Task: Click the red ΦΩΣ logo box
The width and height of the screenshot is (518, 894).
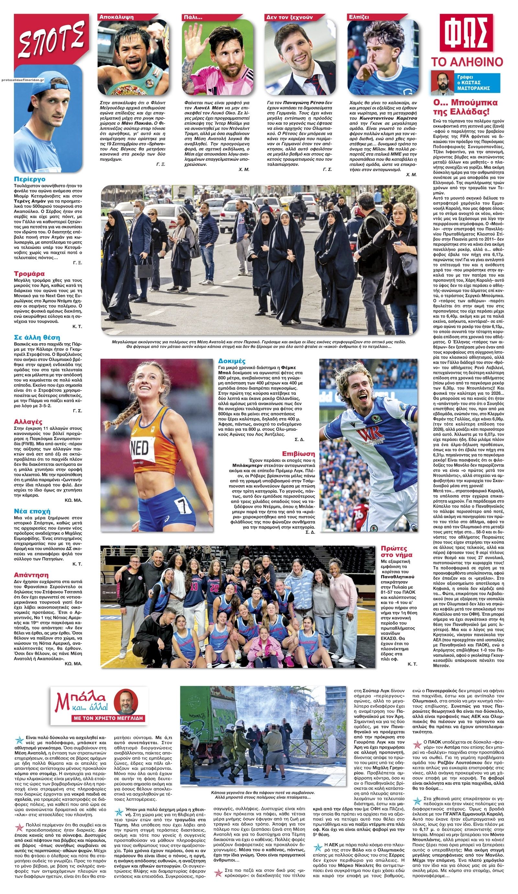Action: coord(466,33)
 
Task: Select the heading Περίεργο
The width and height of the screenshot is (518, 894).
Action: coord(30,179)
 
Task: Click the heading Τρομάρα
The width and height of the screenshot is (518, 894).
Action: coord(29,274)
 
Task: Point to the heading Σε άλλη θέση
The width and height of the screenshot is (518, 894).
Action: coord(37,337)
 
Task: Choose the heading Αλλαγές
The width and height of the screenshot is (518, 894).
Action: coord(28,422)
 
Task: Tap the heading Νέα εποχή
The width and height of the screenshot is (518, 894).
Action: coord(32,511)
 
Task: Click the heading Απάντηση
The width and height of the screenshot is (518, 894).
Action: coord(31,575)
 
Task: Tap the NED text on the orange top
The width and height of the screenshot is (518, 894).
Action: coord(140,448)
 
